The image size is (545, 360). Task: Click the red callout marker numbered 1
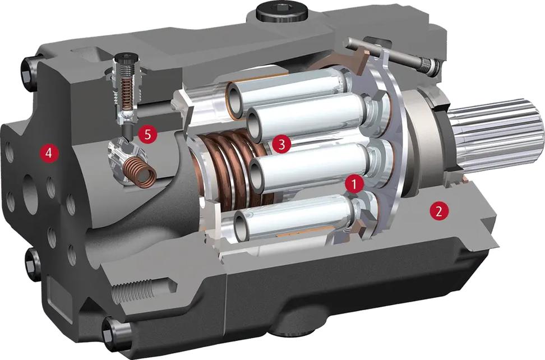coord(354,184)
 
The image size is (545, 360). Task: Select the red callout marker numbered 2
coord(439,210)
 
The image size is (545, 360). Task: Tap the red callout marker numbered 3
coord(281,144)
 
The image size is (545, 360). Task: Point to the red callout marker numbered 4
coord(49,152)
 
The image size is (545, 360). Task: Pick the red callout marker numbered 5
coord(148,134)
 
